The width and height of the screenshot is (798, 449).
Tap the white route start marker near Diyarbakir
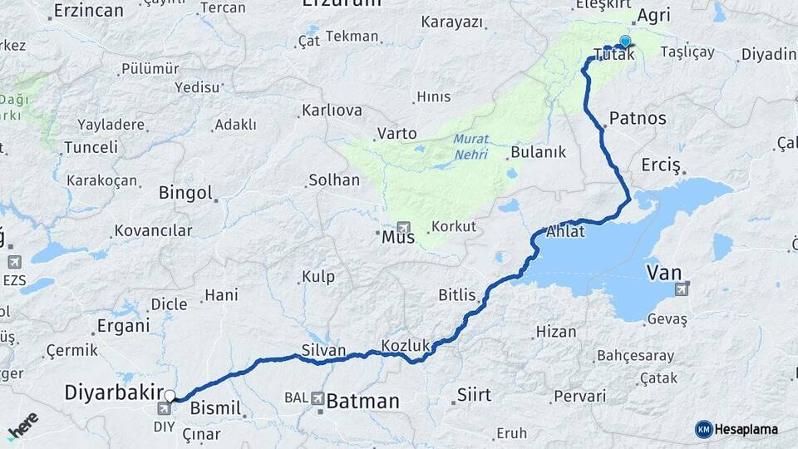(170, 396)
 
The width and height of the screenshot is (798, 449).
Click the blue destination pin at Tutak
(625, 41)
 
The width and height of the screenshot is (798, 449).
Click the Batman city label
(362, 402)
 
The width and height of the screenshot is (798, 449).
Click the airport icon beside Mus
(404, 227)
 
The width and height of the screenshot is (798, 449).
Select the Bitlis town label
(457, 295)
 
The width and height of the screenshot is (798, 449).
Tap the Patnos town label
(638, 118)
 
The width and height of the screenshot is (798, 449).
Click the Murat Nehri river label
(471, 146)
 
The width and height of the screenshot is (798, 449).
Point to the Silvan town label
(323, 350)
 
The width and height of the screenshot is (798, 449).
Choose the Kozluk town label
(404, 344)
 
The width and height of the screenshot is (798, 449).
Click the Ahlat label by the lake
(565, 231)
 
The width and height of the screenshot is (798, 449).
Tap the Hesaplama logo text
(746, 429)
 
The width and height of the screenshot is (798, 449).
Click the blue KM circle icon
(704, 429)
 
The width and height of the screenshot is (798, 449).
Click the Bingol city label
(186, 193)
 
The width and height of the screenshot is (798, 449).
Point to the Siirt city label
(474, 395)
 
